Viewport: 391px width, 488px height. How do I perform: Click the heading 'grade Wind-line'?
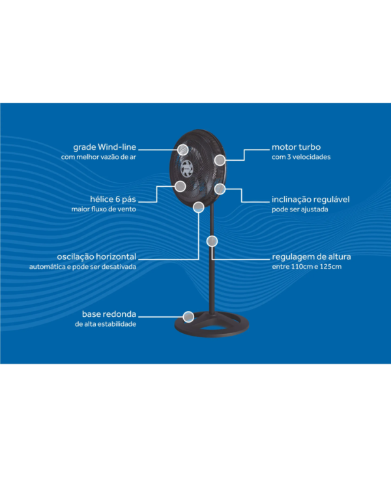tap(104, 147)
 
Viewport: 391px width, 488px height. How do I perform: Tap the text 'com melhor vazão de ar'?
tap(98, 157)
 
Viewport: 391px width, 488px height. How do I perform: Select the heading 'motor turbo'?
tap(296, 147)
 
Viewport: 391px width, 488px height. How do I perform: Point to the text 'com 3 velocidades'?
tap(301, 157)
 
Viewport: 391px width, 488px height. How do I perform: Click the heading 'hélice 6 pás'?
tap(113, 199)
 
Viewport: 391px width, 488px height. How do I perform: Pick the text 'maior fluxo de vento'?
tap(104, 209)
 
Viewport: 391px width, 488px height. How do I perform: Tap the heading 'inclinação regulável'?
tap(311, 200)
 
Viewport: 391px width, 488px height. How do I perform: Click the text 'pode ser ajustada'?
tap(300, 209)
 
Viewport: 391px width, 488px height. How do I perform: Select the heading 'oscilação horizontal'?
tap(96, 257)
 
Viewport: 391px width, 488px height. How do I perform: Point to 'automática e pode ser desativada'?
tap(83, 267)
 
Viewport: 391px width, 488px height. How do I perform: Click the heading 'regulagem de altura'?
tap(311, 257)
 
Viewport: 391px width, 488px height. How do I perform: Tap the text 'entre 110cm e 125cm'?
tap(306, 266)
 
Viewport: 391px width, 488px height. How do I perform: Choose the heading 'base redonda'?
tap(109, 314)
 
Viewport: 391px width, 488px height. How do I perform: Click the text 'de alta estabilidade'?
tap(106, 324)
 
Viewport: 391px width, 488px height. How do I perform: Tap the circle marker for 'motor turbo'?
tap(220, 160)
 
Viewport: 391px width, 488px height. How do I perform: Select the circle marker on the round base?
tap(188, 317)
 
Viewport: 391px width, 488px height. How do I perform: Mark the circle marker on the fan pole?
tap(212, 241)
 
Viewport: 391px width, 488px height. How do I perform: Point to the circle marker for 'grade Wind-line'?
tap(182, 150)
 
